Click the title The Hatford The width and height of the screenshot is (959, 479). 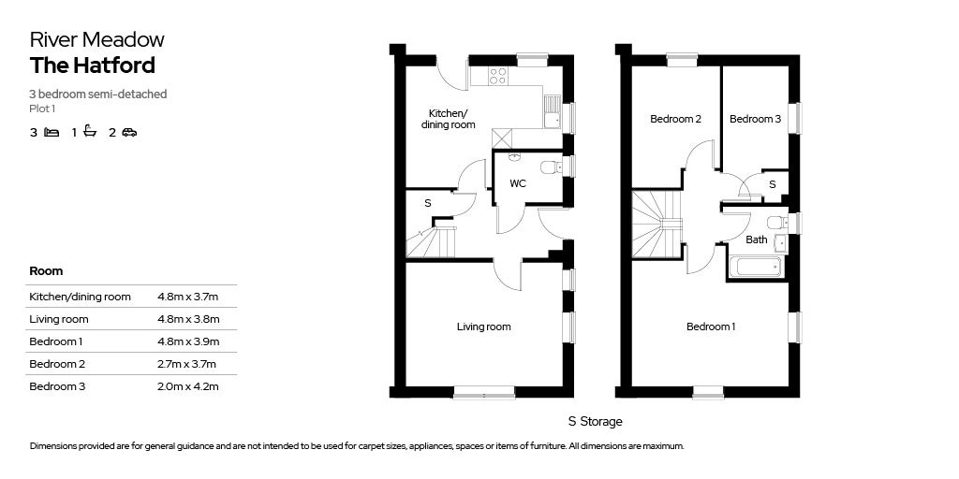pos(92,65)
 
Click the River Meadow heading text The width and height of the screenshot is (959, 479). pos(96,39)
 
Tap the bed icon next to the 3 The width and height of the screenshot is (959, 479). pos(52,133)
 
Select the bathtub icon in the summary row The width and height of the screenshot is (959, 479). pos(90,132)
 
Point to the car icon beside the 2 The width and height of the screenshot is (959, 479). pos(129,133)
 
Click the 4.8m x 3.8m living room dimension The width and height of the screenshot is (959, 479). pos(188,319)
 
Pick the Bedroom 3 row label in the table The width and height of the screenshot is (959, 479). pos(58,386)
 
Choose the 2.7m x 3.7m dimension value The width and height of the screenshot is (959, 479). pos(188,364)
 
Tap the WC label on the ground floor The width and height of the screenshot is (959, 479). pos(518,183)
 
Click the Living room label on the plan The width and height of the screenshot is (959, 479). pos(483,327)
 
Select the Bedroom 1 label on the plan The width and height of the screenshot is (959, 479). pos(711,327)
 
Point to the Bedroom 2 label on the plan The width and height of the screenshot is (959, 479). pos(675,119)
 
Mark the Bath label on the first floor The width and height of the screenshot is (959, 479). pos(757,240)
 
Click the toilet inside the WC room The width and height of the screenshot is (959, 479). pos(553,167)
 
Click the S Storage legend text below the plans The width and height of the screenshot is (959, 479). pos(595,422)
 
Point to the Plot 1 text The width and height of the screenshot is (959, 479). pos(43,109)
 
